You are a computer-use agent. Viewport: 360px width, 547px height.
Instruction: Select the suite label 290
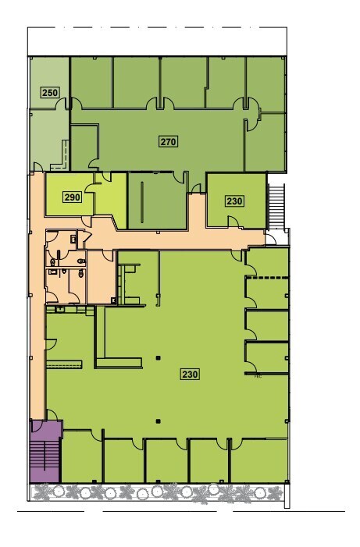tap(72, 197)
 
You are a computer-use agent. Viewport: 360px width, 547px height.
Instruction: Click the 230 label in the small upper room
tap(234, 201)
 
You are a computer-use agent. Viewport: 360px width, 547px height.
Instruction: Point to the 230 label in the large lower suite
tap(190, 374)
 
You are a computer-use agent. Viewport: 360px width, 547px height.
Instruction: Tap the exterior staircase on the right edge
tap(276, 202)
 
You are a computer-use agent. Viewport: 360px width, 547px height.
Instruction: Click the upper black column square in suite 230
tap(158, 358)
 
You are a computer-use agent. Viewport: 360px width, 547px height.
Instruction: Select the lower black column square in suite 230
tap(158, 421)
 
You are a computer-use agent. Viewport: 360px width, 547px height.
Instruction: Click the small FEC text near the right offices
tap(257, 376)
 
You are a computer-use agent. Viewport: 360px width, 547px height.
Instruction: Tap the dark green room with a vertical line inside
tap(155, 201)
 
